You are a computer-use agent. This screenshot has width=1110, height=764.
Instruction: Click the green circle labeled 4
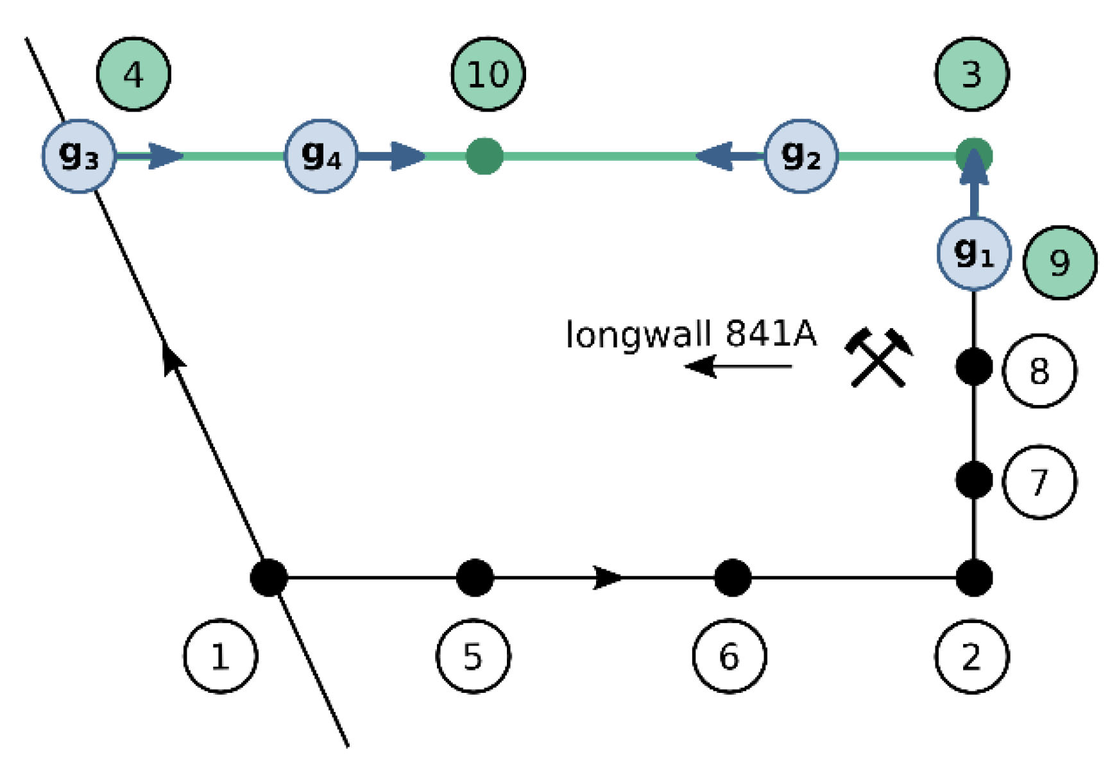click(133, 74)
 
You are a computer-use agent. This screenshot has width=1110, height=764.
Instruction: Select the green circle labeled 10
click(488, 74)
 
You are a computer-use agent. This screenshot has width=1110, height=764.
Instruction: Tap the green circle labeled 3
click(971, 74)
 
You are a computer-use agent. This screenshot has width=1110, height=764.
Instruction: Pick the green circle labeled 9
click(1059, 263)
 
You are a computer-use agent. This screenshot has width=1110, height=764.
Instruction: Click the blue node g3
click(79, 156)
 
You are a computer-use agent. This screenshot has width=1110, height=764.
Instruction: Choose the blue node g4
click(321, 156)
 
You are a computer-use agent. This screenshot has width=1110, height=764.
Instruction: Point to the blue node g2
click(801, 156)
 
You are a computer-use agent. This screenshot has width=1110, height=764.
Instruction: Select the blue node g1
click(974, 253)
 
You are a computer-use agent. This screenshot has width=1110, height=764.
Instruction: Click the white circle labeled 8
click(1039, 370)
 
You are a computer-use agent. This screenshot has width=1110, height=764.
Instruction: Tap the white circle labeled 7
click(1039, 482)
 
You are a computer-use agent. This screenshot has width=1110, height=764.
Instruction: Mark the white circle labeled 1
click(220, 656)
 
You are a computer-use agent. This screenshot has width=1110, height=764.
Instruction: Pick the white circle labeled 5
click(473, 656)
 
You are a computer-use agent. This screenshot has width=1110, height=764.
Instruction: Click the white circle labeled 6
click(729, 656)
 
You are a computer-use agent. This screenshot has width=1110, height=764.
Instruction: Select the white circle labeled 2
click(971, 656)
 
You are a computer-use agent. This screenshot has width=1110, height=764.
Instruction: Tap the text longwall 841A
click(691, 335)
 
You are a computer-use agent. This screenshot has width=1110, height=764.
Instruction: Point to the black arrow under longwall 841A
click(738, 367)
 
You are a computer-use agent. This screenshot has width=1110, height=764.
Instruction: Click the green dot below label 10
click(484, 156)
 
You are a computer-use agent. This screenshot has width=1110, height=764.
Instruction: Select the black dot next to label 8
click(974, 367)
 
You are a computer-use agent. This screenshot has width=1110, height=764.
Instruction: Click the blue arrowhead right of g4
click(407, 156)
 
